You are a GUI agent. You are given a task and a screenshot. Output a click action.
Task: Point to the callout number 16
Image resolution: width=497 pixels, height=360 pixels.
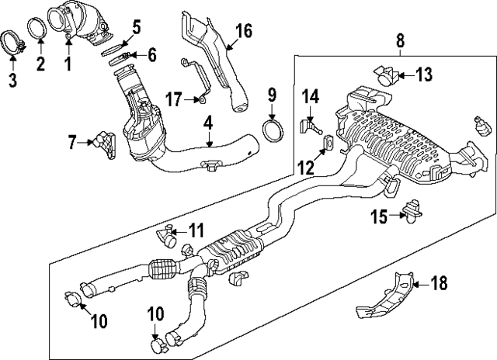pyautogui.click(x=243, y=31)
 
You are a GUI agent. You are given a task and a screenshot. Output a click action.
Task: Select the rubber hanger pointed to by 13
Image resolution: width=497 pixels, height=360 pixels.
pyautogui.click(x=386, y=76)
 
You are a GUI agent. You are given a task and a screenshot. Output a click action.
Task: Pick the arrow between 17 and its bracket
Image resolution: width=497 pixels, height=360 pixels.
pyautogui.click(x=190, y=99)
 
